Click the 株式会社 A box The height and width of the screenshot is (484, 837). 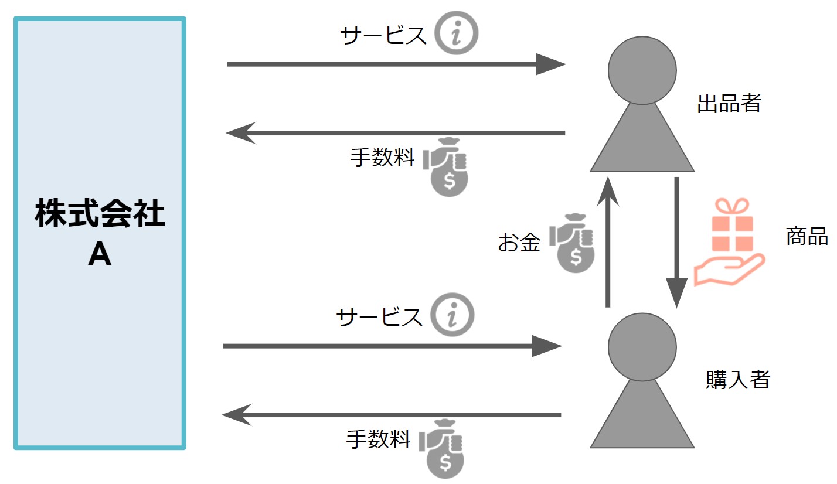pos(100,233)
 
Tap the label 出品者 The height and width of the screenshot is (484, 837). pos(729,104)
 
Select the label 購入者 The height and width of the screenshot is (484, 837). pos(737,380)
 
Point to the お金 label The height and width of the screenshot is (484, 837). pos(519,243)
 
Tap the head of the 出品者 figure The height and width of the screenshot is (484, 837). pos(642,70)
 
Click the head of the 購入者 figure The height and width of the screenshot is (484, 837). pos(642,346)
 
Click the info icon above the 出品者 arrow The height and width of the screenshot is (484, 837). pos(456,33)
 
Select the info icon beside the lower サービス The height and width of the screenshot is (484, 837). pos(452,315)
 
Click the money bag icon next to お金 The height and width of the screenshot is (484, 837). pos(573,243)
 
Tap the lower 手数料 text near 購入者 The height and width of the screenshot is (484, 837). pos(378,439)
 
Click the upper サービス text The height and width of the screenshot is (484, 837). pos(383,36)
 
